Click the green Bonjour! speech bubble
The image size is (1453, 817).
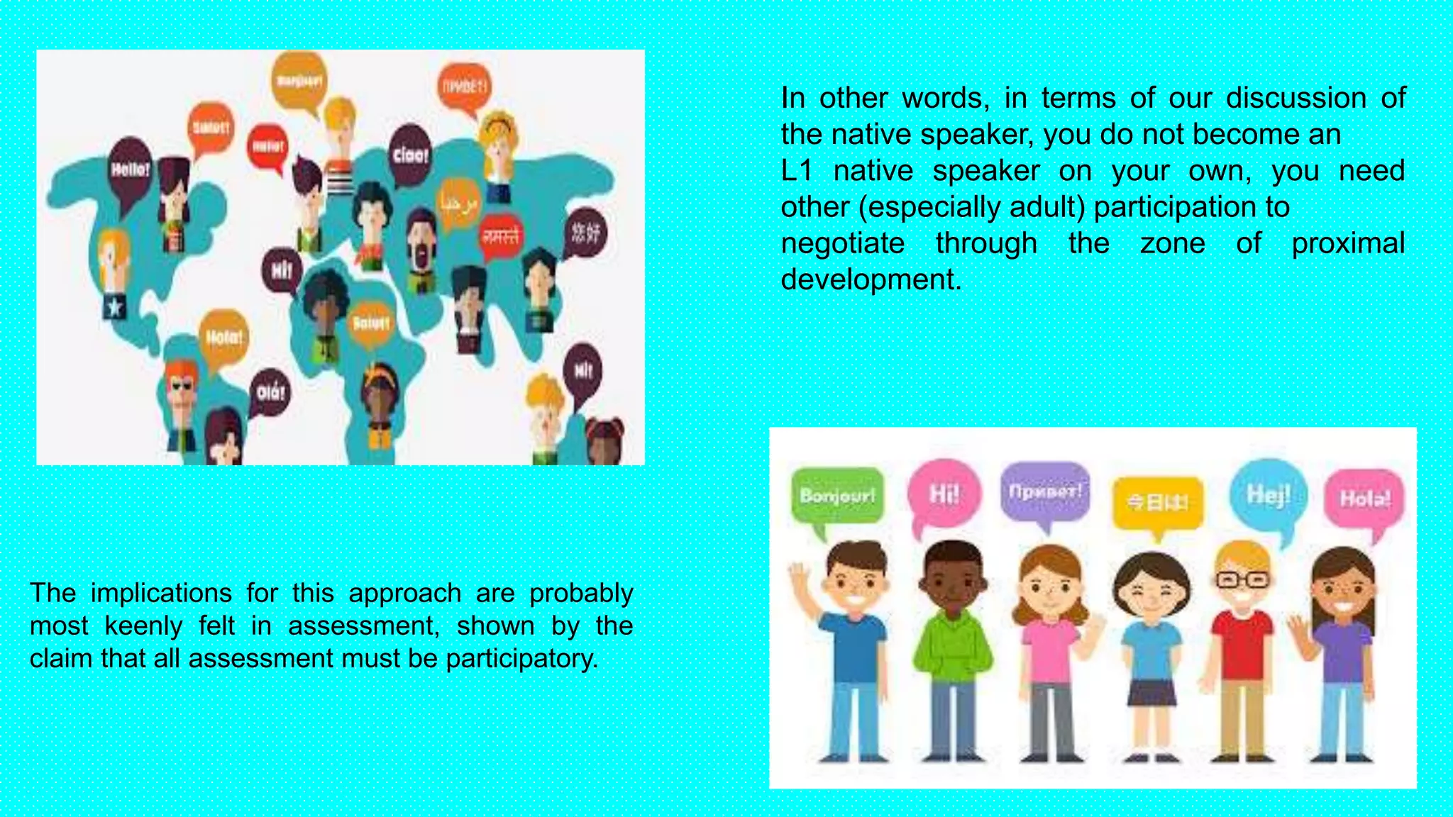point(837,495)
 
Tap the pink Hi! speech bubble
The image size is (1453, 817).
point(944,493)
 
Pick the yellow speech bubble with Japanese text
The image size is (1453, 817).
point(1157,503)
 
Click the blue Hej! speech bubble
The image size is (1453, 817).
point(1268,494)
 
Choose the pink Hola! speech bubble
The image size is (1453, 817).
point(1364,499)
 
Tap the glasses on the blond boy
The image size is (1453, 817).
point(1242,579)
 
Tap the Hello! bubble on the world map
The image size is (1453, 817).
point(130,169)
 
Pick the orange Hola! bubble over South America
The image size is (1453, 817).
point(224,338)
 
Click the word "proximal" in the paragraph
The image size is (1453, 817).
point(1347,243)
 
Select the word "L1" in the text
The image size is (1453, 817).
point(796,171)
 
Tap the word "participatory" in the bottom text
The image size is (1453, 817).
point(521,659)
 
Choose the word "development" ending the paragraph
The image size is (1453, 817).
point(871,279)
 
